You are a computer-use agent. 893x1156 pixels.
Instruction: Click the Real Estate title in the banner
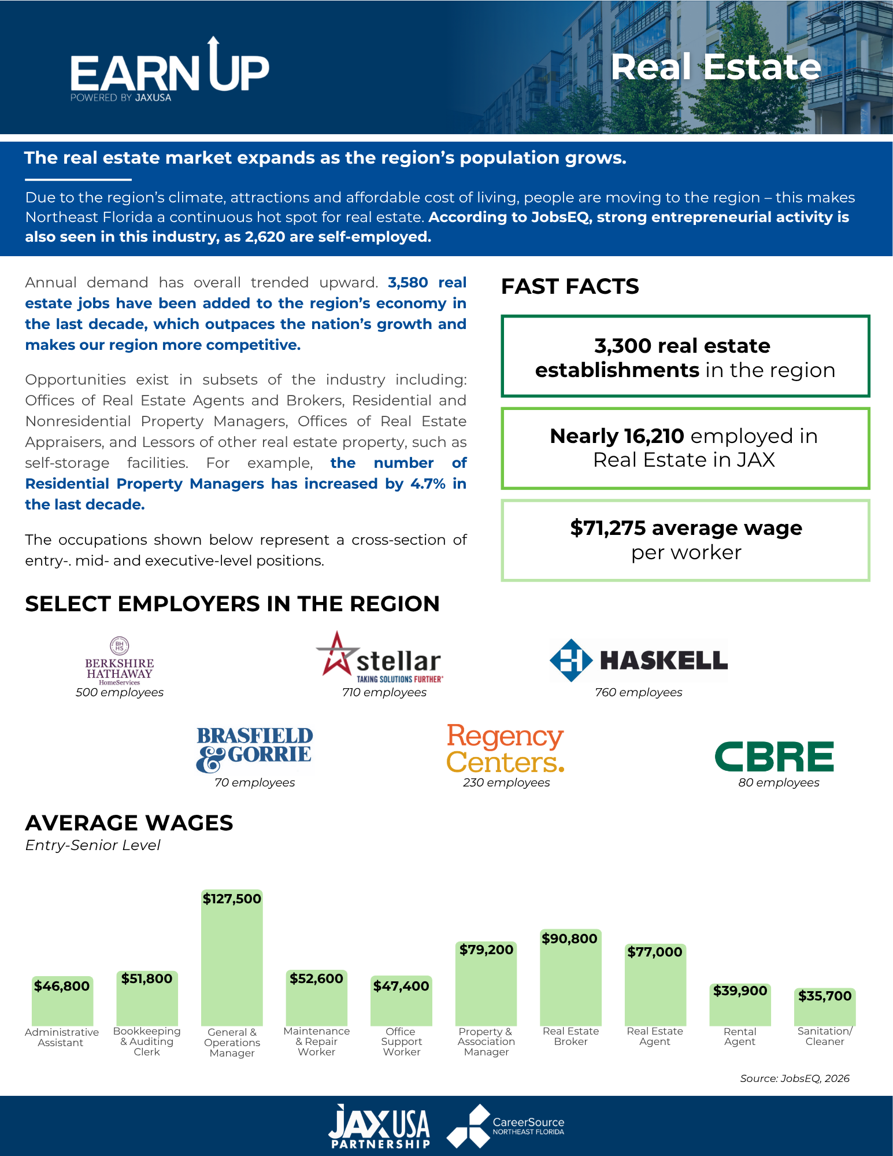pyautogui.click(x=716, y=67)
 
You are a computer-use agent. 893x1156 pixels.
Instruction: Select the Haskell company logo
pyautogui.click(x=639, y=660)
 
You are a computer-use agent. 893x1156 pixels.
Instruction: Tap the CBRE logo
pyautogui.click(x=775, y=756)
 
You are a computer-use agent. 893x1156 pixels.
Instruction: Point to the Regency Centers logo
pyautogui.click(x=505, y=748)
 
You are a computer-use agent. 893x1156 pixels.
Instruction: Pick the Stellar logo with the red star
pyautogui.click(x=380, y=658)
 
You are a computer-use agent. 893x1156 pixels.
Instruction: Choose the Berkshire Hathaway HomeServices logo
pyautogui.click(x=119, y=662)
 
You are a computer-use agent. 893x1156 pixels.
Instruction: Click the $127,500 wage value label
pyautogui.click(x=232, y=899)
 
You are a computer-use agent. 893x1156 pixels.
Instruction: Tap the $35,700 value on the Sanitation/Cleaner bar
pyautogui.click(x=825, y=996)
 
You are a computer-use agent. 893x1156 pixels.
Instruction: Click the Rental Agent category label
pyautogui.click(x=740, y=1036)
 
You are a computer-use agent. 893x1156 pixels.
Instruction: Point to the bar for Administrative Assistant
pyautogui.click(x=62, y=1000)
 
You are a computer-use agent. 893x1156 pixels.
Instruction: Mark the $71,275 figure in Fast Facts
pyautogui.click(x=607, y=528)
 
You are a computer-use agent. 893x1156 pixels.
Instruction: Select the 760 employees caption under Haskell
pyautogui.click(x=639, y=692)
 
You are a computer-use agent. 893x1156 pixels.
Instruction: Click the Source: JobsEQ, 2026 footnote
pyautogui.click(x=795, y=1079)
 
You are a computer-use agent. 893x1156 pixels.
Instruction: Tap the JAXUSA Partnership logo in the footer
pyautogui.click(x=379, y=1126)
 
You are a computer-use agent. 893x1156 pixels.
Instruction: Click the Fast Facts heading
pyautogui.click(x=570, y=286)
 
